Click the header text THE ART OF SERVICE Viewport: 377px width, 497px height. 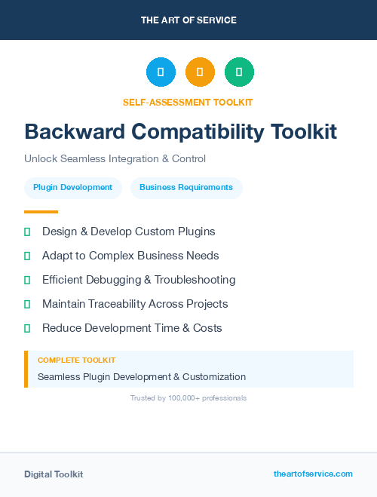pyautogui.click(x=188, y=20)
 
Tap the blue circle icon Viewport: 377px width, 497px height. pyautogui.click(x=161, y=72)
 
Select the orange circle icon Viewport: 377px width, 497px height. pyautogui.click(x=200, y=72)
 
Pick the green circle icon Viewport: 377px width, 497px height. pyautogui.click(x=239, y=72)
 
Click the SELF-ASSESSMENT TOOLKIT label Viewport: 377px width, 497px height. pyautogui.click(x=188, y=102)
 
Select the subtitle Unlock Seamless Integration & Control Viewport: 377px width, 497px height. pyautogui.click(x=115, y=159)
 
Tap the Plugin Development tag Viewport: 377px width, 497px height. pyautogui.click(x=73, y=187)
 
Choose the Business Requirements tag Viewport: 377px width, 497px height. pyautogui.click(x=186, y=187)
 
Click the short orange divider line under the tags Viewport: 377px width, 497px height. pyautogui.click(x=41, y=212)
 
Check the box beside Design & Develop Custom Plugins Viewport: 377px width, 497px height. pyautogui.click(x=27, y=232)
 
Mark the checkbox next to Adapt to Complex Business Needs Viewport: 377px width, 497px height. pyautogui.click(x=27, y=256)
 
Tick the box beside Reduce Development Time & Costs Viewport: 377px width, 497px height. pyautogui.click(x=27, y=329)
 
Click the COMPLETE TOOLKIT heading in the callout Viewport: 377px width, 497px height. pyautogui.click(x=76, y=360)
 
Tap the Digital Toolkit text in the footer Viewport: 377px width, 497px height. pyautogui.click(x=54, y=474)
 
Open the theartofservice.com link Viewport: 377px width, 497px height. pyautogui.click(x=313, y=474)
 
